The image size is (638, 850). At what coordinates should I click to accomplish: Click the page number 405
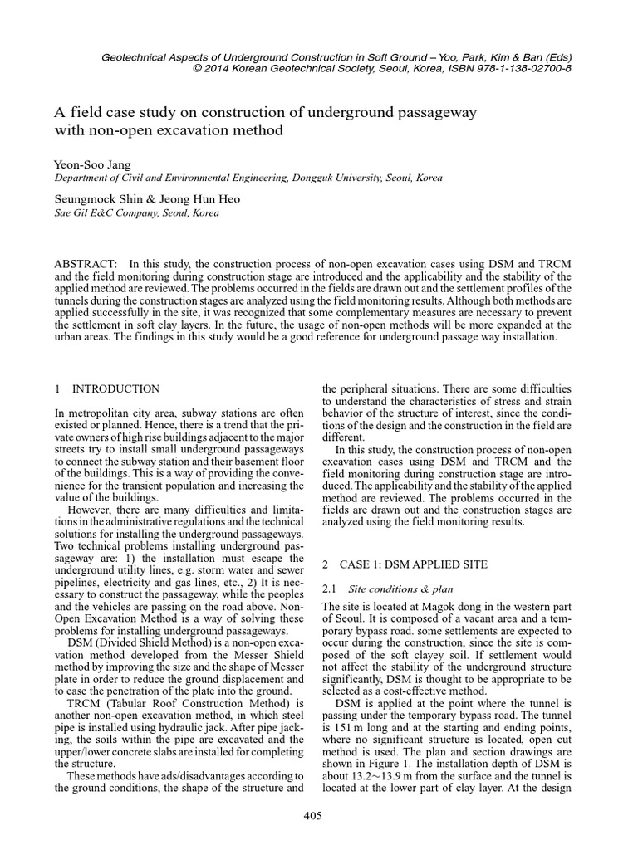click(312, 817)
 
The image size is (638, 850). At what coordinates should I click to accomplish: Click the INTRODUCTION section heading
click(116, 388)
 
